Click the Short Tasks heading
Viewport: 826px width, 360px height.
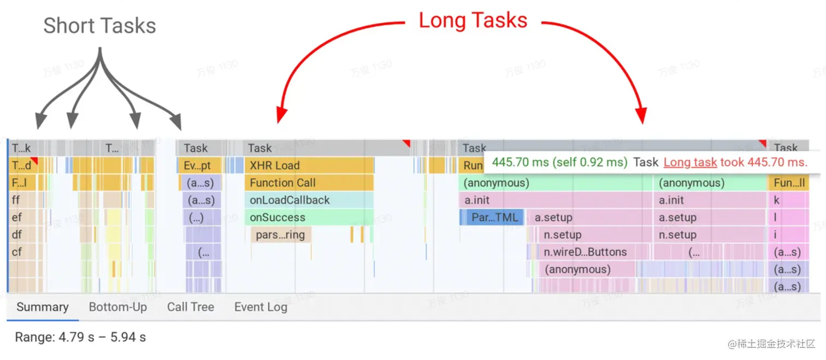tap(99, 26)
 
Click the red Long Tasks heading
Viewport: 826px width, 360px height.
tap(473, 21)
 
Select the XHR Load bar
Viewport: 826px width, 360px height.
tap(309, 166)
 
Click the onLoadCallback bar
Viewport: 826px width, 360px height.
tap(309, 200)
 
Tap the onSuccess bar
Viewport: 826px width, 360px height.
tap(309, 217)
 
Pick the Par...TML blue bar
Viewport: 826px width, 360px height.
tap(492, 217)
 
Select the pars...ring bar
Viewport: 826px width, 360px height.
tap(281, 235)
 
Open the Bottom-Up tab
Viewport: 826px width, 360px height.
tap(118, 307)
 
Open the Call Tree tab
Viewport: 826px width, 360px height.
tap(191, 307)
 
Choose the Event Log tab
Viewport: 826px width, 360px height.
tap(261, 307)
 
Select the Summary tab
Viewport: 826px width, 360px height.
tap(43, 307)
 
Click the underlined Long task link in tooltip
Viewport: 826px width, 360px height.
tap(690, 162)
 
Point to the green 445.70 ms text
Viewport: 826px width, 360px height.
tap(559, 162)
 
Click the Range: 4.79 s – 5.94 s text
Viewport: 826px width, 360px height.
tap(80, 337)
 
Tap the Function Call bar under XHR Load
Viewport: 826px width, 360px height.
tap(309, 183)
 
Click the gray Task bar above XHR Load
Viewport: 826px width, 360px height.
tap(325, 148)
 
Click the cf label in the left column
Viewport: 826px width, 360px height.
tap(17, 252)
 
